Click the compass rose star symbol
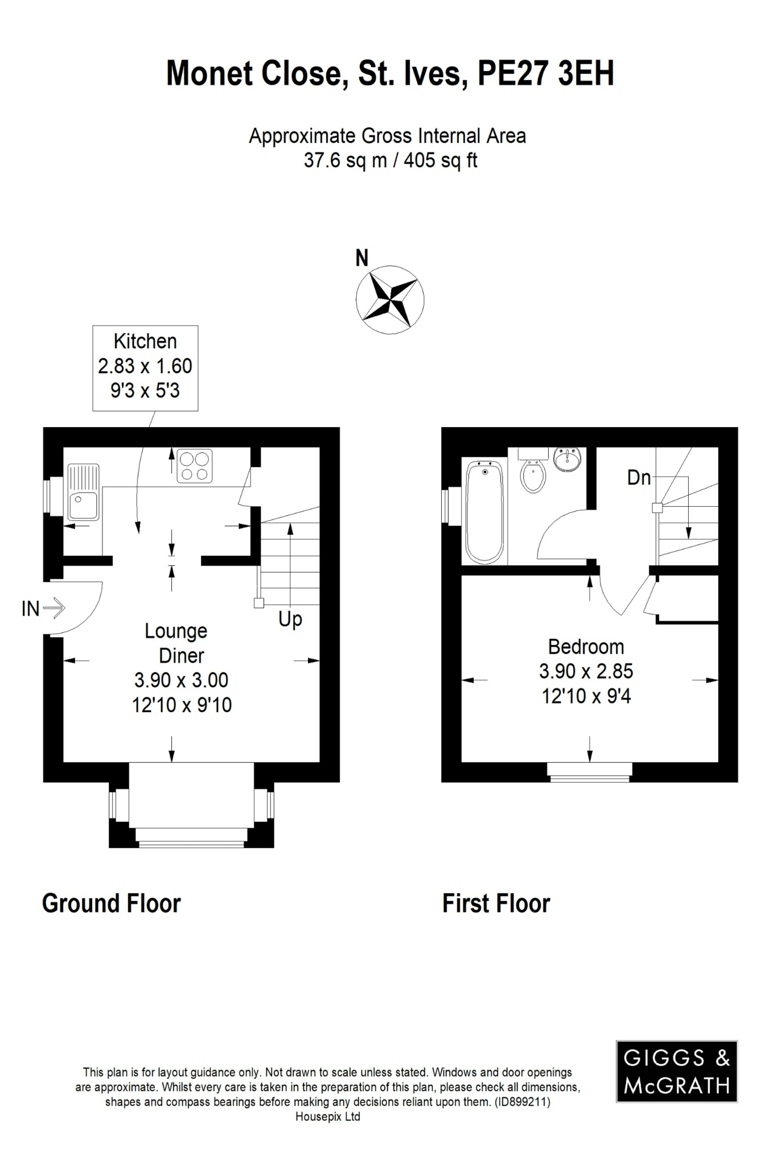[x=390, y=299]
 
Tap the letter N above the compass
[x=362, y=258]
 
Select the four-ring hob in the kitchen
[x=195, y=466]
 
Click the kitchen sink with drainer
[x=83, y=492]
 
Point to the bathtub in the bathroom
[x=484, y=511]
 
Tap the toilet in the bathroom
[x=533, y=476]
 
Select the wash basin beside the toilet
[x=568, y=459]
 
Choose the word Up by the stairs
[x=290, y=619]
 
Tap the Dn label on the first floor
[x=639, y=478]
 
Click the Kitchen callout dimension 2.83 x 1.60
[x=145, y=366]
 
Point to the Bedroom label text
[x=586, y=647]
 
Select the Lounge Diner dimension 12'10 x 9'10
[x=182, y=705]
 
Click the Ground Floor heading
[x=112, y=903]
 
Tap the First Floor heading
[x=496, y=903]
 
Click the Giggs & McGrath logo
[x=676, y=1072]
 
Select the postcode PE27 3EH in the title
[x=545, y=74]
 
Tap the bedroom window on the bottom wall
[x=590, y=771]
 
